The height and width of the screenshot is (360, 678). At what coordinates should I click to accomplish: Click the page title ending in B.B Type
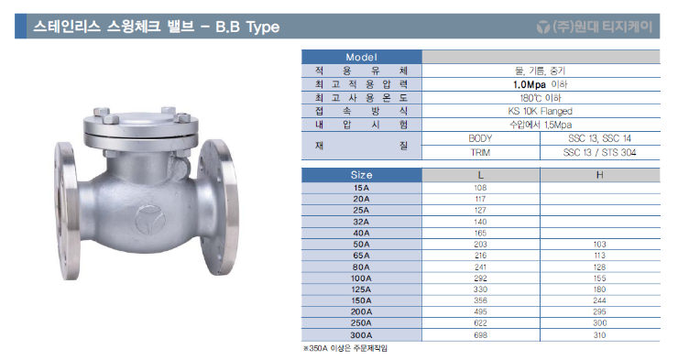pos(156,27)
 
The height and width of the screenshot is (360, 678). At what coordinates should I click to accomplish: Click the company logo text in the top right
pos(595,27)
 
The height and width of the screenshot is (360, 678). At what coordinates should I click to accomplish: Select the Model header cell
pos(361,57)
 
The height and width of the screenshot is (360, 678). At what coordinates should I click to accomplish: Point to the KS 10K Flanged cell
pos(540,110)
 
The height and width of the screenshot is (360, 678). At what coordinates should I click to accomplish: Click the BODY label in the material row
pos(480,137)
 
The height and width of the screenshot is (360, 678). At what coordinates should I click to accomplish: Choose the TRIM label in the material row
pos(480,151)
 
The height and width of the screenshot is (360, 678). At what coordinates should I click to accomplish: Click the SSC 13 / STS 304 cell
pos(599,151)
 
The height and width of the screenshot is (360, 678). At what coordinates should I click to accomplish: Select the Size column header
pos(361,174)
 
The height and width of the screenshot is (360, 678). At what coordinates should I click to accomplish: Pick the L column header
pos(480,174)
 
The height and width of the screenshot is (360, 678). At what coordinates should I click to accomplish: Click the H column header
pos(599,174)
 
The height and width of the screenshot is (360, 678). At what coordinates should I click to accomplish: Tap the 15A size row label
pos(361,187)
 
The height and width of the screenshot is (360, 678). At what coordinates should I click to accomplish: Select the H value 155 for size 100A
pos(599,277)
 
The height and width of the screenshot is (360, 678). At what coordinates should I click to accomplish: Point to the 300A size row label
pos(361,336)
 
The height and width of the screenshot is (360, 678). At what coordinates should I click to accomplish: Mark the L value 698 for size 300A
pos(480,336)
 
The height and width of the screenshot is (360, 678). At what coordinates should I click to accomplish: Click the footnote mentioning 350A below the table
pos(352,349)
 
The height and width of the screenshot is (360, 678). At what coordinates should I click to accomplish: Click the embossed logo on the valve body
pos(146,219)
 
